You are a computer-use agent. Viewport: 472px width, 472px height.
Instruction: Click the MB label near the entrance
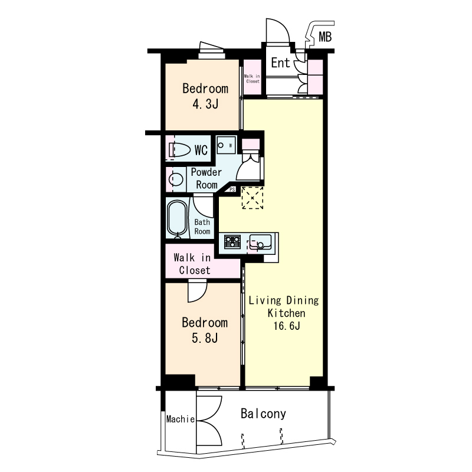click(x=325, y=37)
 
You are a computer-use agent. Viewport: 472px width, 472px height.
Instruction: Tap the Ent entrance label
click(x=280, y=63)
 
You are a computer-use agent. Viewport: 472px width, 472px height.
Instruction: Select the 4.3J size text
click(x=205, y=104)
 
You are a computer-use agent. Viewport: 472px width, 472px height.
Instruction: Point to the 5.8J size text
click(x=205, y=338)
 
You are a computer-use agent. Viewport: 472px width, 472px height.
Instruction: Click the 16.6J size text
click(x=287, y=326)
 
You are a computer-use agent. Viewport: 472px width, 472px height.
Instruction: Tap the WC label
click(x=201, y=150)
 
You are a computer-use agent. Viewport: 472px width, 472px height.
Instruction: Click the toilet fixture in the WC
click(x=180, y=149)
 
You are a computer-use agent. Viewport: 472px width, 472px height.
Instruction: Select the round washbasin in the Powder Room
click(x=176, y=180)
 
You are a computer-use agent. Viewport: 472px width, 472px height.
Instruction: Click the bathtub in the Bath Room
click(x=177, y=218)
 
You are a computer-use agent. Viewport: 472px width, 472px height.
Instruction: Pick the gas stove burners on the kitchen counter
click(x=232, y=242)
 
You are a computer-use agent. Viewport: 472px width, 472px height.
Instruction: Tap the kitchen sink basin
click(x=261, y=242)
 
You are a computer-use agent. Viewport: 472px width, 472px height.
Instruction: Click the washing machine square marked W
click(x=227, y=145)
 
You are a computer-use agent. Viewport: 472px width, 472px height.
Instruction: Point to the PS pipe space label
click(x=232, y=189)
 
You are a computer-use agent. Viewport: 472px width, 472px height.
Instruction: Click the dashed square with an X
click(x=253, y=198)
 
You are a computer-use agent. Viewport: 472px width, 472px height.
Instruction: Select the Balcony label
click(x=263, y=414)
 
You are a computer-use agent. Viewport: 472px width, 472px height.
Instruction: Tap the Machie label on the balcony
click(x=181, y=419)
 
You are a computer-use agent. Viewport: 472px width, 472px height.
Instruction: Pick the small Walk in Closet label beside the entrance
click(x=253, y=78)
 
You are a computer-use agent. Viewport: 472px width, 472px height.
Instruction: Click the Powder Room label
click(x=206, y=179)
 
